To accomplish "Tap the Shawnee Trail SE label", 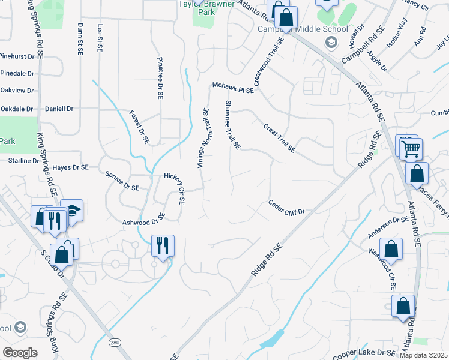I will [232, 125].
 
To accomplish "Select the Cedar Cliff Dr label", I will [286, 208].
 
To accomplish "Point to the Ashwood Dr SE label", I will [143, 219].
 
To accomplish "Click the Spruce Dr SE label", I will [122, 184].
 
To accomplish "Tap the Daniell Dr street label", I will [59, 109].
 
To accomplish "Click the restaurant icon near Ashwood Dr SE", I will [162, 245].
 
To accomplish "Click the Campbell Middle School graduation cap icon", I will [330, 43].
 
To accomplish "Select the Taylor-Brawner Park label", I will [204, 7].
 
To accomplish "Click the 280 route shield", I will [115, 341].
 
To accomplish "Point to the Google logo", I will [19, 353].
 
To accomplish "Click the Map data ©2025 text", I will [423, 355].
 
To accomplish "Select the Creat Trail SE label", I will [279, 137].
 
